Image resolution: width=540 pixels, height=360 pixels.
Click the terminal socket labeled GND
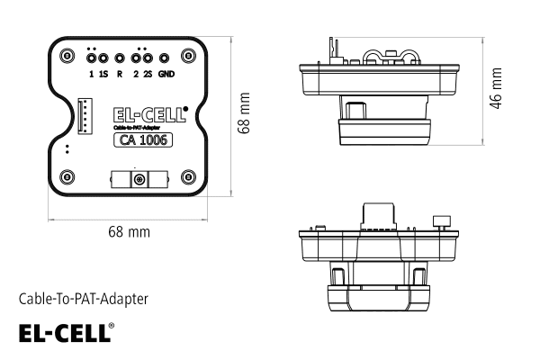[166, 56]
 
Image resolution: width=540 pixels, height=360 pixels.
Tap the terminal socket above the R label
[120, 56]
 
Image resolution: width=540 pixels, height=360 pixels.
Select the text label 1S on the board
[104, 73]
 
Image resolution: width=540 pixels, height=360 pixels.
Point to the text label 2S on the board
[147, 73]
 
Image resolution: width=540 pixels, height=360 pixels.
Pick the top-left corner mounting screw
[67, 56]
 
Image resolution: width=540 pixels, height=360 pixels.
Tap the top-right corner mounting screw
[188, 56]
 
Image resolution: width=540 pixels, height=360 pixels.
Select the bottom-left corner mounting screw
[67, 177]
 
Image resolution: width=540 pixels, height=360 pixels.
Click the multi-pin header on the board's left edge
[85, 116]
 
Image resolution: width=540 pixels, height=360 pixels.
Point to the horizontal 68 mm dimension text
[129, 231]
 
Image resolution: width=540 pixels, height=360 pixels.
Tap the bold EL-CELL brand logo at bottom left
[63, 332]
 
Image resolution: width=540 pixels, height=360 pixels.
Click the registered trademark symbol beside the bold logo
[112, 326]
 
